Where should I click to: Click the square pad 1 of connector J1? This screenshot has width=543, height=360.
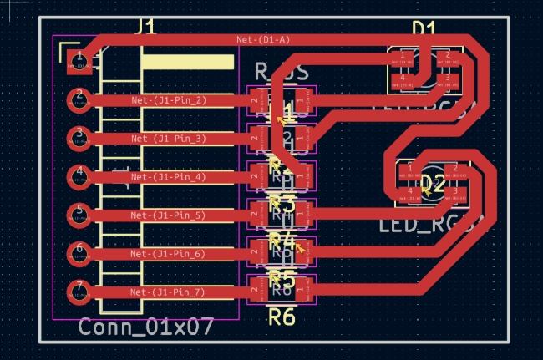coord(79,60)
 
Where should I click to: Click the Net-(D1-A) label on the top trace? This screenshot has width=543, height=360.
coord(263,39)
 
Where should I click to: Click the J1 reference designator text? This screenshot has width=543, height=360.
coord(145,28)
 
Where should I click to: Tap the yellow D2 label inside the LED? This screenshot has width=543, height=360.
coord(431,183)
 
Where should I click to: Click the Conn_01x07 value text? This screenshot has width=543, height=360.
coord(146,327)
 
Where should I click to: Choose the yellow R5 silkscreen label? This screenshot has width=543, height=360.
coord(282,277)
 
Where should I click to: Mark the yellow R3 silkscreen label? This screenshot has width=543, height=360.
coord(282,202)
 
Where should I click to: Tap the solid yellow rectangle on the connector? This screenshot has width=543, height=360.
coord(187,62)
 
